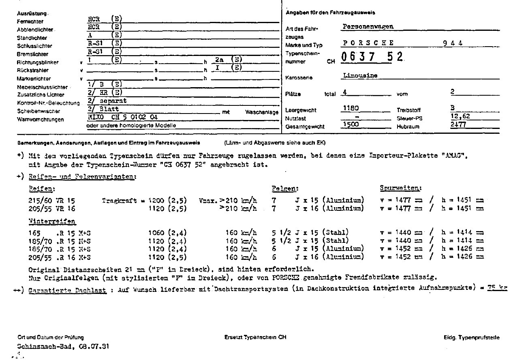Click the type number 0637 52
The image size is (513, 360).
tap(371, 57)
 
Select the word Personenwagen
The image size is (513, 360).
tap(368, 27)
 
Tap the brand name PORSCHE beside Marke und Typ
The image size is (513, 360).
tap(368, 43)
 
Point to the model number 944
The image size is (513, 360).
tap(453, 43)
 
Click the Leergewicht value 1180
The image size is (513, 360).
tap(351, 109)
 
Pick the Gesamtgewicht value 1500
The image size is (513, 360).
tap(351, 125)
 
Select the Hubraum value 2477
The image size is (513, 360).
tap(458, 125)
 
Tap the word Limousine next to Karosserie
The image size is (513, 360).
tap(361, 75)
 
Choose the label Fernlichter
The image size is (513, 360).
tap(30, 21)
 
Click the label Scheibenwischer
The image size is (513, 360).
tap(38, 111)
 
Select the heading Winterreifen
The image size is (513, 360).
tap(52, 222)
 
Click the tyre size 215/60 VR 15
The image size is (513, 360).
tap(52, 200)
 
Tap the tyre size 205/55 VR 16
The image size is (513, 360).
tap(52, 208)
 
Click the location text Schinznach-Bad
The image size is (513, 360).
tap(43, 347)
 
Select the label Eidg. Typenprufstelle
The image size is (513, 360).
tap(471, 337)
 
